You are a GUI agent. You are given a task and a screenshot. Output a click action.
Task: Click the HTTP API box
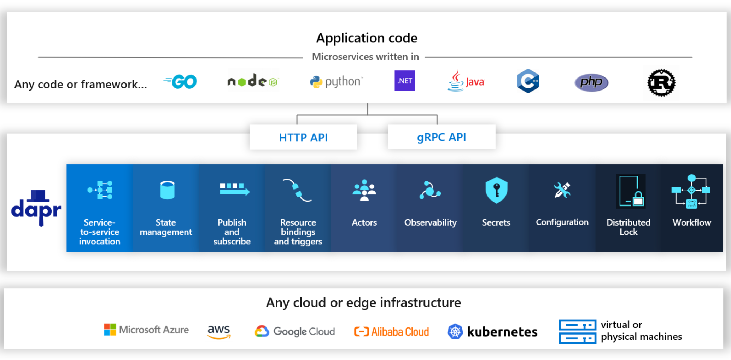click(x=303, y=137)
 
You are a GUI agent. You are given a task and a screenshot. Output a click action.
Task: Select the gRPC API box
click(x=441, y=137)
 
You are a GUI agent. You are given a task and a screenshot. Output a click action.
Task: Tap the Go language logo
click(x=181, y=82)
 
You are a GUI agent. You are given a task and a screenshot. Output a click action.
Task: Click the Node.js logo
click(x=252, y=81)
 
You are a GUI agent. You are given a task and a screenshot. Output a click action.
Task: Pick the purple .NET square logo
click(x=404, y=81)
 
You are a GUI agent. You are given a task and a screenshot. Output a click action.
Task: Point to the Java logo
click(x=466, y=81)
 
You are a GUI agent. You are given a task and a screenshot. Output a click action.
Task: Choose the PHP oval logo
click(x=591, y=82)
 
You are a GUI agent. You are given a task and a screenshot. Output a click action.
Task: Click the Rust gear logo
click(x=661, y=83)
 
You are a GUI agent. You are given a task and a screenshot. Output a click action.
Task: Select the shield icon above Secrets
click(x=496, y=190)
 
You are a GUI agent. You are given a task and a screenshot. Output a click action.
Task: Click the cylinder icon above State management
click(x=167, y=190)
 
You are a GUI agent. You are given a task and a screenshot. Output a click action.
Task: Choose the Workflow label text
click(x=691, y=222)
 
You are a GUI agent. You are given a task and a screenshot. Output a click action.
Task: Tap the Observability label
click(x=430, y=222)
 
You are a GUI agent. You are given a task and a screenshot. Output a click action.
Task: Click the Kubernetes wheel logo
click(x=455, y=332)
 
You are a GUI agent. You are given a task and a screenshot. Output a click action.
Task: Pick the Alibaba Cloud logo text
click(x=399, y=332)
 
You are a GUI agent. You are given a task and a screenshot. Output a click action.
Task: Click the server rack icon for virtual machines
click(x=577, y=332)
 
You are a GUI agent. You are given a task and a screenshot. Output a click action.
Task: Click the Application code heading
click(x=367, y=38)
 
